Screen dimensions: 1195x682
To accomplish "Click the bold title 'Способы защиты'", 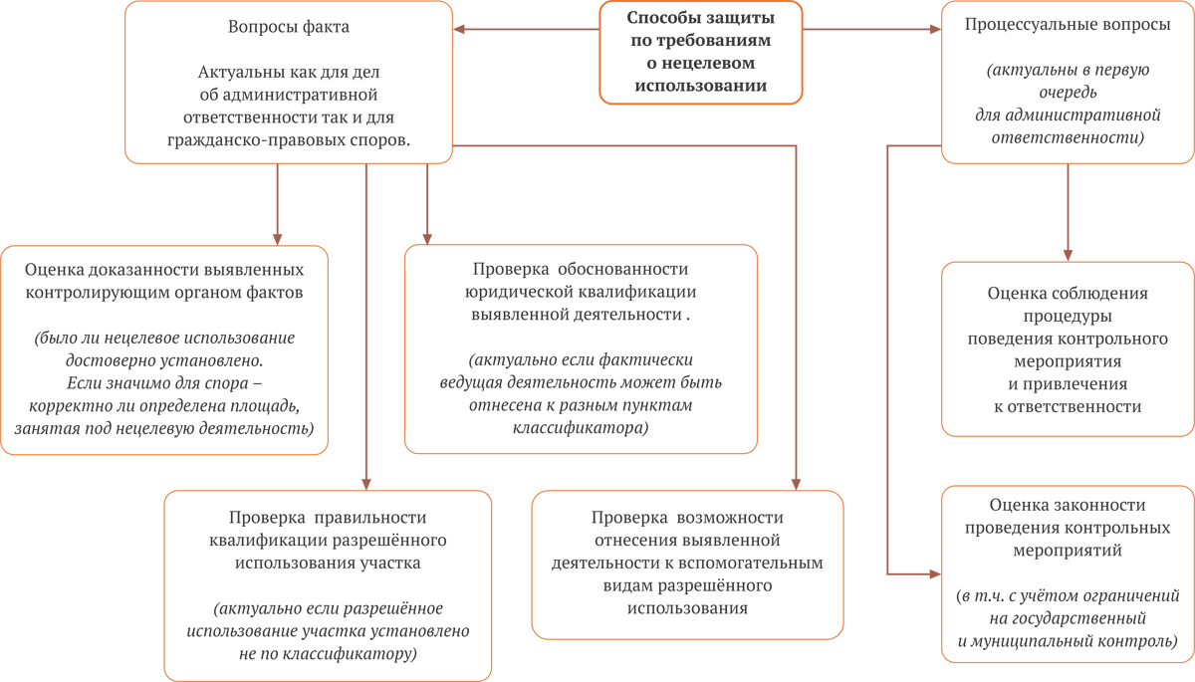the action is click(x=700, y=18).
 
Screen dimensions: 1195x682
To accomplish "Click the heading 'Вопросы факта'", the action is click(x=289, y=27).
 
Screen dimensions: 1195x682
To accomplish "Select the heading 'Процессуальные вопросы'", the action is click(x=1068, y=25).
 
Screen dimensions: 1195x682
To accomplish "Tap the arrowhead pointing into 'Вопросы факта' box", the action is click(x=459, y=29).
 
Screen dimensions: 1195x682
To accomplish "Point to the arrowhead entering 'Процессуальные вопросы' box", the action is click(x=935, y=29).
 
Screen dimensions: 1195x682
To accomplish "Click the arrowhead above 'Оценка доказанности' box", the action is click(x=278, y=239).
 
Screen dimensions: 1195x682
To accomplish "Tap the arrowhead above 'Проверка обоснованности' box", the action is click(x=427, y=239).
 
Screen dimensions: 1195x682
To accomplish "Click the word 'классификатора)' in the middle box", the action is click(x=581, y=428).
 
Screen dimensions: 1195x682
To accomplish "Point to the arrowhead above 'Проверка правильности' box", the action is click(x=366, y=484).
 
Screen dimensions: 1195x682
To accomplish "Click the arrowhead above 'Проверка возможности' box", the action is click(x=796, y=484).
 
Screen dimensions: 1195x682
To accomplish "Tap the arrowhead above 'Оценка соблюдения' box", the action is click(x=1068, y=255).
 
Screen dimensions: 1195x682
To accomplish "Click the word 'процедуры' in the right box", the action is click(x=1068, y=317).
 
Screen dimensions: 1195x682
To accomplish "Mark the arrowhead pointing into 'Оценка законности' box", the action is click(x=935, y=574).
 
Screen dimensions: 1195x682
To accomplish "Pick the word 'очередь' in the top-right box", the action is click(x=1068, y=93).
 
